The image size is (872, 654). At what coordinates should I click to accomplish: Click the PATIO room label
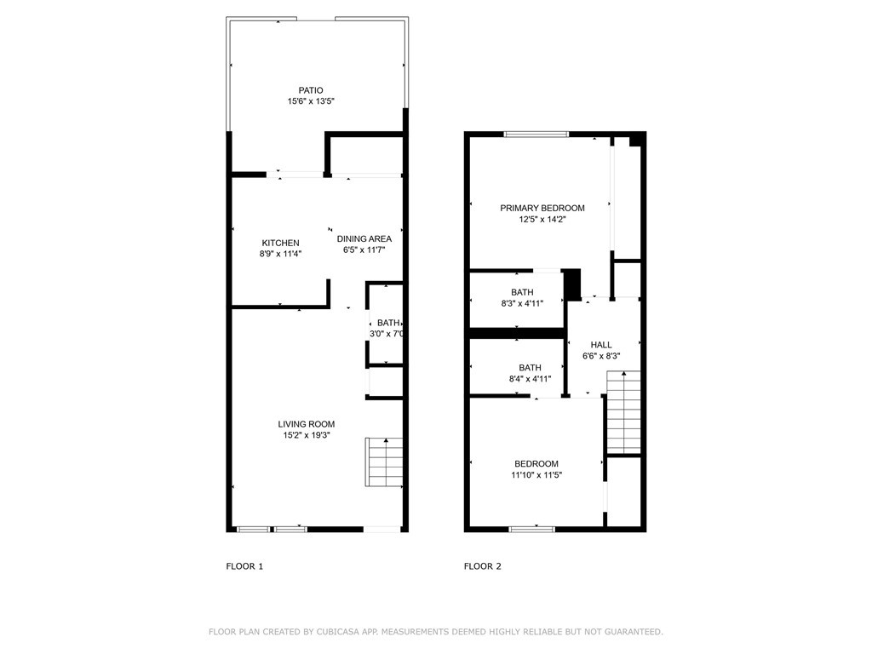pos(310,90)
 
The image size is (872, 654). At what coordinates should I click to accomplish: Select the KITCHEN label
pos(280,243)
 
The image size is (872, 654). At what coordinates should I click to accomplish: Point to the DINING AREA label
pos(364,238)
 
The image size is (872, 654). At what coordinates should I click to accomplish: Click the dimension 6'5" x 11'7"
pos(364,250)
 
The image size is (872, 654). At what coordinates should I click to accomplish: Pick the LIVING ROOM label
pos(306,424)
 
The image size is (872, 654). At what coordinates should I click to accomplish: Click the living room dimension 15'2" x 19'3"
pos(306,436)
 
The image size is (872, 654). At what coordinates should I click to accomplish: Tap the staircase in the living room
pos(384,462)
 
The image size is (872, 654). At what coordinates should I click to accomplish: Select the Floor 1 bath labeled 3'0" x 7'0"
pos(385,328)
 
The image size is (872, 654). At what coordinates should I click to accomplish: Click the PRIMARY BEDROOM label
pos(542,208)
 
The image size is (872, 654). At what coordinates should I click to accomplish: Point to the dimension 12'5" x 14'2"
pos(542,220)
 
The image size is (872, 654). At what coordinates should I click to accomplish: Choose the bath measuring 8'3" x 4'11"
pos(522,297)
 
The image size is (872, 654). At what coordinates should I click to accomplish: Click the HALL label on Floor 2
pos(601,345)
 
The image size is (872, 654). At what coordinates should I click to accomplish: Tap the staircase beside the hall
pos(622,412)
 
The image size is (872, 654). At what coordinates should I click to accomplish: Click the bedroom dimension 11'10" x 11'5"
pos(536,475)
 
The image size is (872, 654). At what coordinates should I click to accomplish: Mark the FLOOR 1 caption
pos(244,566)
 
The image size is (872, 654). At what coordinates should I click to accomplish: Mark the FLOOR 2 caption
pos(483,566)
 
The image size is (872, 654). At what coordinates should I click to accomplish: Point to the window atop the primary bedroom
pos(536,134)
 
